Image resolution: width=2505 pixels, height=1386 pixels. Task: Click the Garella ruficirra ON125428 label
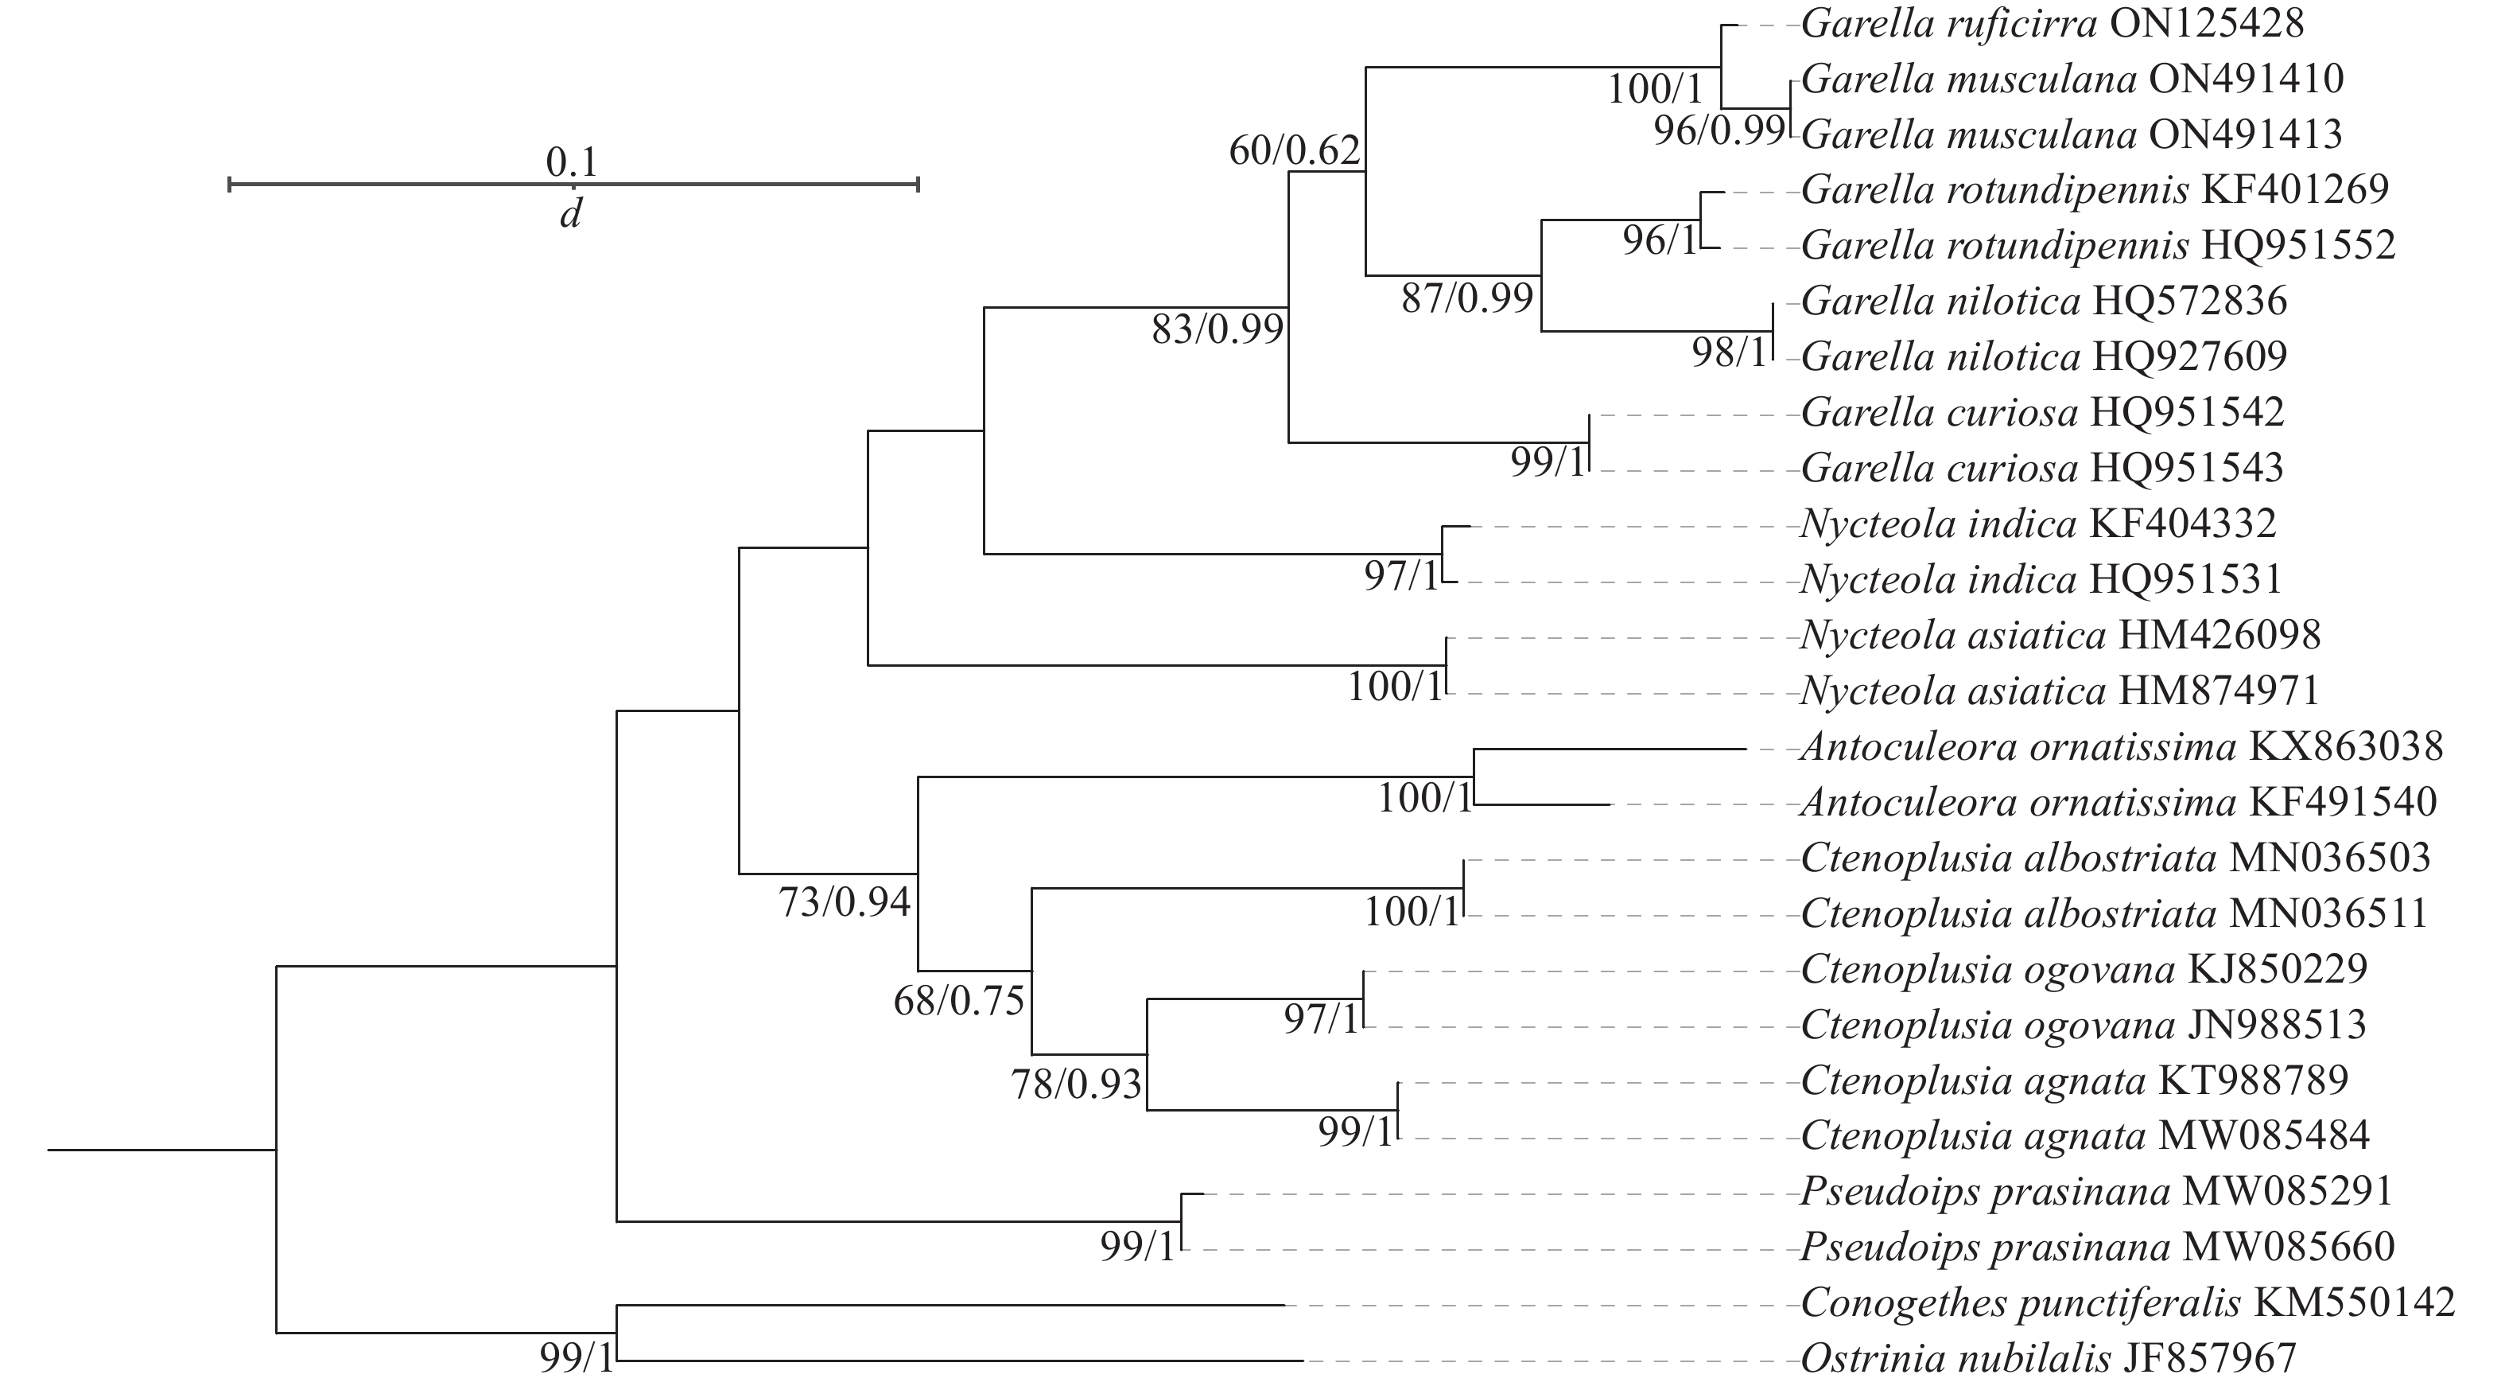click(x=2052, y=23)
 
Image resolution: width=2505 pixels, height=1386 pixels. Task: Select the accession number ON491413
click(x=2246, y=134)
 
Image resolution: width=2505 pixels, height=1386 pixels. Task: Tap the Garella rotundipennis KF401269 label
click(x=2095, y=189)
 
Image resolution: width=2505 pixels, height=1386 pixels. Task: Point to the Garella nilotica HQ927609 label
click(x=2044, y=357)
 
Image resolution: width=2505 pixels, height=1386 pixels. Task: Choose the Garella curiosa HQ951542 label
click(x=2042, y=412)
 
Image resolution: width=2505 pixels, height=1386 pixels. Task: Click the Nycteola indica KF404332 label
click(x=2038, y=524)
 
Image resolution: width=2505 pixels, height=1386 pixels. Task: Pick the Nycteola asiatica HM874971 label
click(x=2060, y=691)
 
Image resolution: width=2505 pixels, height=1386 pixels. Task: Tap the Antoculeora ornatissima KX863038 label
click(x=2122, y=747)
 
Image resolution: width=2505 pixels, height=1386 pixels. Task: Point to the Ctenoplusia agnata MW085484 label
click(x=2085, y=1135)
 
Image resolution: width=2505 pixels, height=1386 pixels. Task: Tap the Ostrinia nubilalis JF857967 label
click(x=2048, y=1358)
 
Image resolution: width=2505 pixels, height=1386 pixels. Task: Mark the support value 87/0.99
click(x=1467, y=298)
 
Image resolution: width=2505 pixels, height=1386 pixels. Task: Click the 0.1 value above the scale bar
click(x=572, y=162)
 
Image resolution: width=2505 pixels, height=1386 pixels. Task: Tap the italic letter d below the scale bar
click(x=571, y=214)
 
